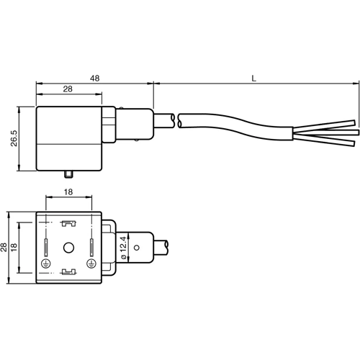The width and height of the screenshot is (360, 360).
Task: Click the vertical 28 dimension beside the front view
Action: point(6,247)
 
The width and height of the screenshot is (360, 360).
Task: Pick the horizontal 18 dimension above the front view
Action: point(68,193)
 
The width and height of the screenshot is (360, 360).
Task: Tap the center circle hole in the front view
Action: point(69,248)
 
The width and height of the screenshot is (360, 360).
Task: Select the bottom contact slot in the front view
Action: point(69,271)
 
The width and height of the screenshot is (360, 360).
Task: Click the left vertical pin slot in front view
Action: point(46,248)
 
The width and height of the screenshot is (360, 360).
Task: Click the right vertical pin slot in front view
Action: point(92,248)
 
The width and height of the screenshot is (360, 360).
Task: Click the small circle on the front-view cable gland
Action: point(137,248)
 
